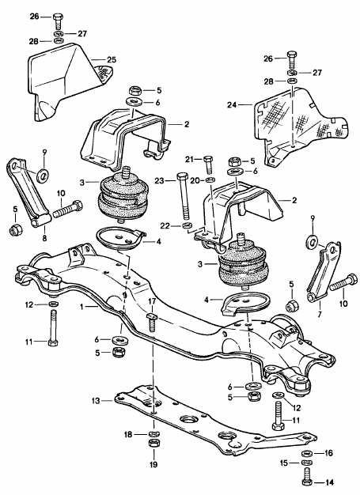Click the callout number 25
(112, 59)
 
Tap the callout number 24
(232, 104)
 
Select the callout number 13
(96, 401)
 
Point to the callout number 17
(152, 301)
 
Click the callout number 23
(159, 181)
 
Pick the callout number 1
(82, 306)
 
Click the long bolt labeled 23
(183, 196)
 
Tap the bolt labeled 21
(208, 164)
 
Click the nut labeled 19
(153, 442)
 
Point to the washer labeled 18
(153, 434)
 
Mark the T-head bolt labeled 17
(152, 322)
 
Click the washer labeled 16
(307, 454)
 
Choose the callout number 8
(44, 238)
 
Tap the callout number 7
(320, 314)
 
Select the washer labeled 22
(188, 225)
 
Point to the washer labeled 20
(210, 180)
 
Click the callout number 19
(153, 464)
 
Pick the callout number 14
(328, 482)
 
